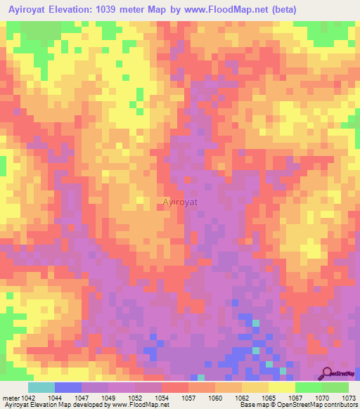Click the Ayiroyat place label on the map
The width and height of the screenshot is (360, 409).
click(180, 202)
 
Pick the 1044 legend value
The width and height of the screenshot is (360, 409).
click(54, 398)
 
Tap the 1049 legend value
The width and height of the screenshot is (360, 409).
click(108, 398)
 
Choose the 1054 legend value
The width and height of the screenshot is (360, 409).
click(161, 398)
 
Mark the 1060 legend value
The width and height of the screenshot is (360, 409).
click(214, 398)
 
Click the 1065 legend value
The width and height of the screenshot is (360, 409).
click(268, 398)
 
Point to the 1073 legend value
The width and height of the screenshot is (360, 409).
click(348, 398)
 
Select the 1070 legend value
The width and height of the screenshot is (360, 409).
click(321, 398)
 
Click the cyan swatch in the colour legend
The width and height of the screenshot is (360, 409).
click(41, 387)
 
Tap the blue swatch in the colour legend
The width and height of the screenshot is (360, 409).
click(67, 387)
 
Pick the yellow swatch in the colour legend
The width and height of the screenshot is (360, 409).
click(281, 387)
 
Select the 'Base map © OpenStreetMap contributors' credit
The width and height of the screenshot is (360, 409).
click(297, 405)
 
